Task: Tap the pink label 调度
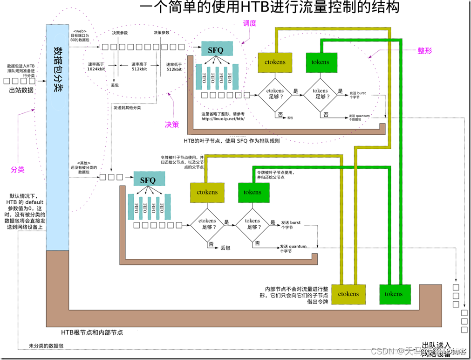[250, 23]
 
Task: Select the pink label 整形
[424, 51]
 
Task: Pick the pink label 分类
[17, 170]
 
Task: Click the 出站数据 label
[21, 90]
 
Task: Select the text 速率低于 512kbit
[174, 66]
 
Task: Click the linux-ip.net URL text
[223, 119]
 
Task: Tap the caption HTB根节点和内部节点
[92, 332]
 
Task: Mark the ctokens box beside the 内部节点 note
[348, 294]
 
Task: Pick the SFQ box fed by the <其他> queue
[148, 180]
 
